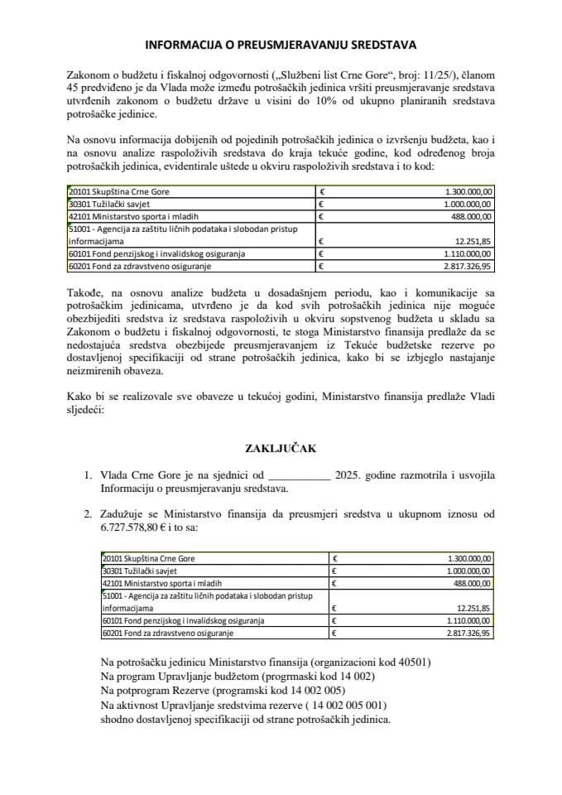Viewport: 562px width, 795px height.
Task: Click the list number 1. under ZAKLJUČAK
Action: (x=89, y=475)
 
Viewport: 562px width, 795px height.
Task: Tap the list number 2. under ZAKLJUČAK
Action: (x=89, y=513)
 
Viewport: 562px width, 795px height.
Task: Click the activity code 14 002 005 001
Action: (x=340, y=705)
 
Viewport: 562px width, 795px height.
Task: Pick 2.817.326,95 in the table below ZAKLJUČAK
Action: (x=468, y=634)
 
